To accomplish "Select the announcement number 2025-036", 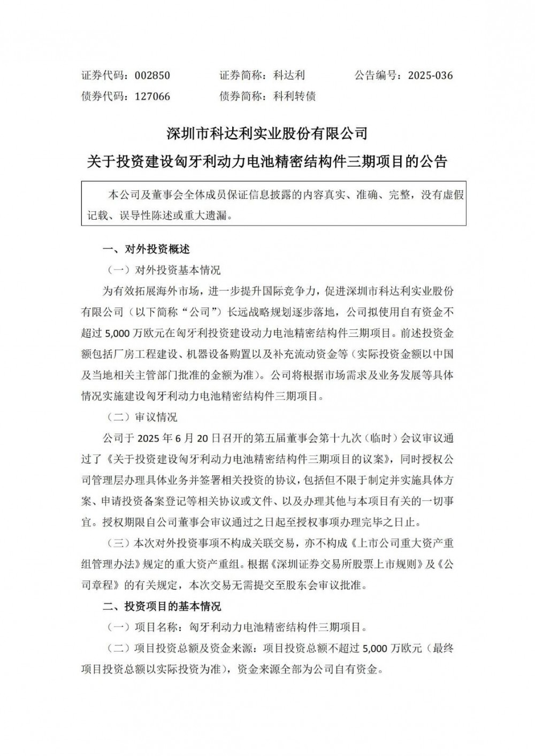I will click(430, 75).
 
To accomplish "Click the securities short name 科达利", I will click(289, 75).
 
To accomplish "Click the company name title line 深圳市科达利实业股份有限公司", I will click(267, 133).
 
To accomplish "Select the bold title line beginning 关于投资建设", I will click(267, 161).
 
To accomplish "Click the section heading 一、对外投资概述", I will click(146, 249).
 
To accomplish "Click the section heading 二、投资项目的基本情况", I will click(162, 606).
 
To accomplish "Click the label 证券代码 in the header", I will click(102, 75).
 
